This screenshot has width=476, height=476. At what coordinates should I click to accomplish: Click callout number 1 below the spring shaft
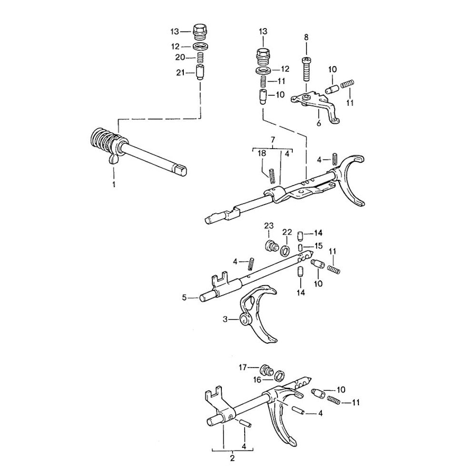[114, 184]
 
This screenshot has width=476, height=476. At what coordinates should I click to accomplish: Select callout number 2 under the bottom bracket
[232, 458]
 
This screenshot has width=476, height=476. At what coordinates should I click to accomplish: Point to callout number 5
[184, 297]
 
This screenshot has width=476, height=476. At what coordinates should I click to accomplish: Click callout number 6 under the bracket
[318, 123]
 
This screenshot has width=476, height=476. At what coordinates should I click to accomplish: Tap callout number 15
[318, 246]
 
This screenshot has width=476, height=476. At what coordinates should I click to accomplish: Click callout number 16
[258, 379]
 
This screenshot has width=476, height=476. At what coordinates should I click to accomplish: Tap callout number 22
[287, 232]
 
